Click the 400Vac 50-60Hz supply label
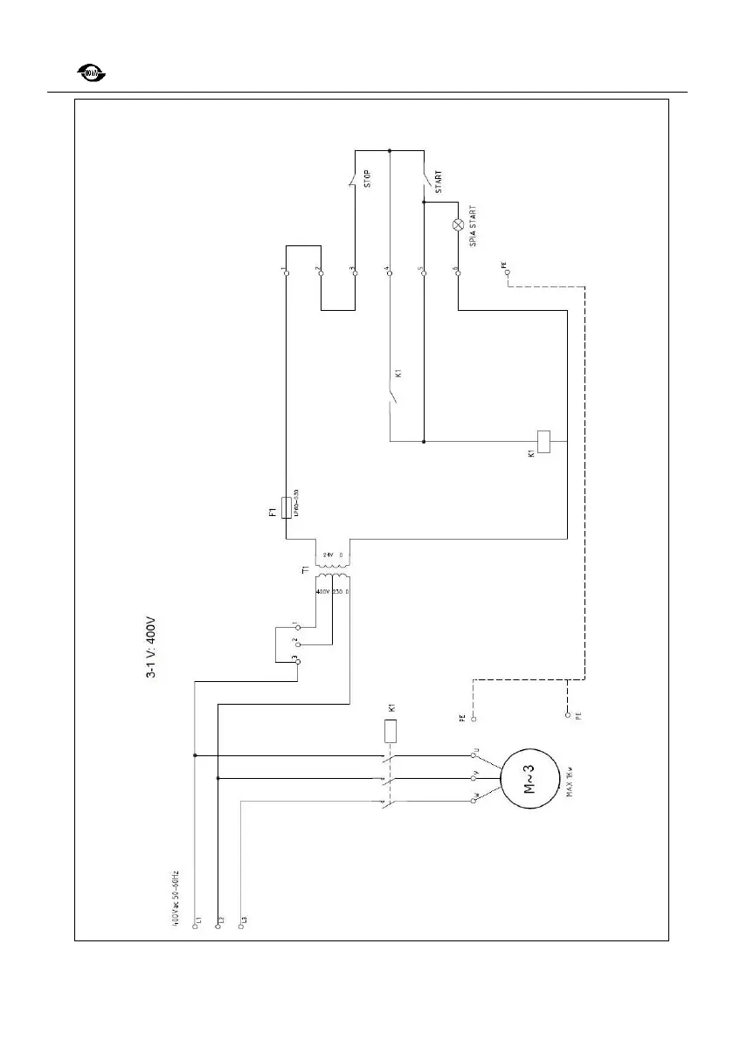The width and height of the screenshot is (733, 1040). (176, 899)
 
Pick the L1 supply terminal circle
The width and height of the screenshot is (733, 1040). (195, 928)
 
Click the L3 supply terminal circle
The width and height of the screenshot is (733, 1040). (240, 928)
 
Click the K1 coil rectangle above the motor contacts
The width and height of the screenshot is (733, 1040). (391, 730)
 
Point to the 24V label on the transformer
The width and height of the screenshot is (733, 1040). (328, 555)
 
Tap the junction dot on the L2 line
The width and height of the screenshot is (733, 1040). (217, 778)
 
